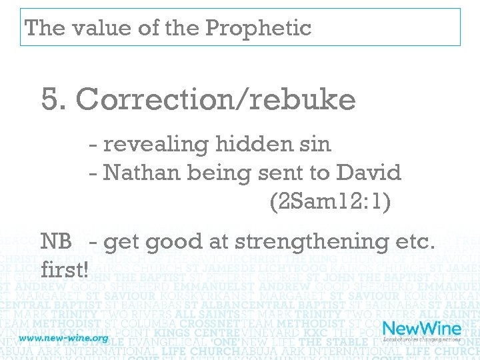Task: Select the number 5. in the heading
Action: pyautogui.click(x=54, y=100)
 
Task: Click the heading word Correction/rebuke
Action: pyautogui.click(x=215, y=100)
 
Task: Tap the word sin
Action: pyautogui.click(x=315, y=143)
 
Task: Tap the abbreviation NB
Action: pyautogui.click(x=56, y=241)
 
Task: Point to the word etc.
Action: pyautogui.click(x=417, y=241)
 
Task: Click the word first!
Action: pyautogui.click(x=65, y=270)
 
